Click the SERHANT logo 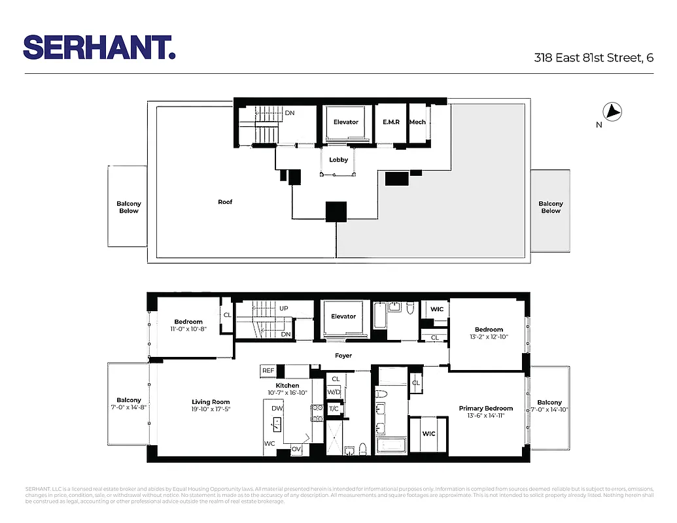(99, 47)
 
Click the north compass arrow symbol (613, 112)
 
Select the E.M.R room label (391, 122)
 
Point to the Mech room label (417, 122)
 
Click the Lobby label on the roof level (338, 160)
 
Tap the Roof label (225, 202)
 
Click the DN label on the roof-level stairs (290, 113)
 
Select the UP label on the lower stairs (284, 309)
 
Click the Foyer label (343, 356)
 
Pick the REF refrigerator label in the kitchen (268, 371)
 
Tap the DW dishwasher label (277, 407)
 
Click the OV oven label (296, 448)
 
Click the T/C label (334, 408)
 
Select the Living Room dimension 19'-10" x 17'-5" (211, 409)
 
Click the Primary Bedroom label (485, 409)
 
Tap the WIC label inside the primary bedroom (429, 433)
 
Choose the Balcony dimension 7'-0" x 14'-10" (550, 410)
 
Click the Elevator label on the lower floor (343, 316)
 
